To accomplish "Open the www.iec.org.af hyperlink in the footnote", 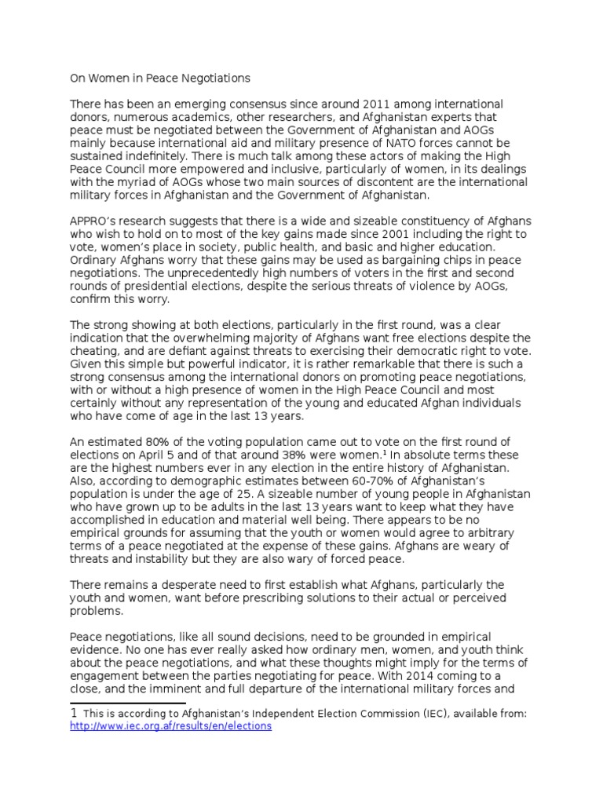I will (170, 726).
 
